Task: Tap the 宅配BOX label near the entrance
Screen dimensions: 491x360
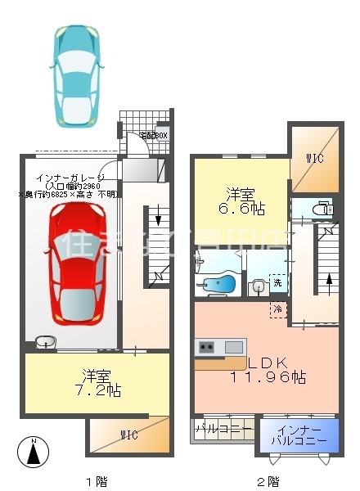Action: coord(153,136)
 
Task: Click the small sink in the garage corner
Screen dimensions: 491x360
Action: coord(45,343)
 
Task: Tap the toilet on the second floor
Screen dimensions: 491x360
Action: coord(324,208)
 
